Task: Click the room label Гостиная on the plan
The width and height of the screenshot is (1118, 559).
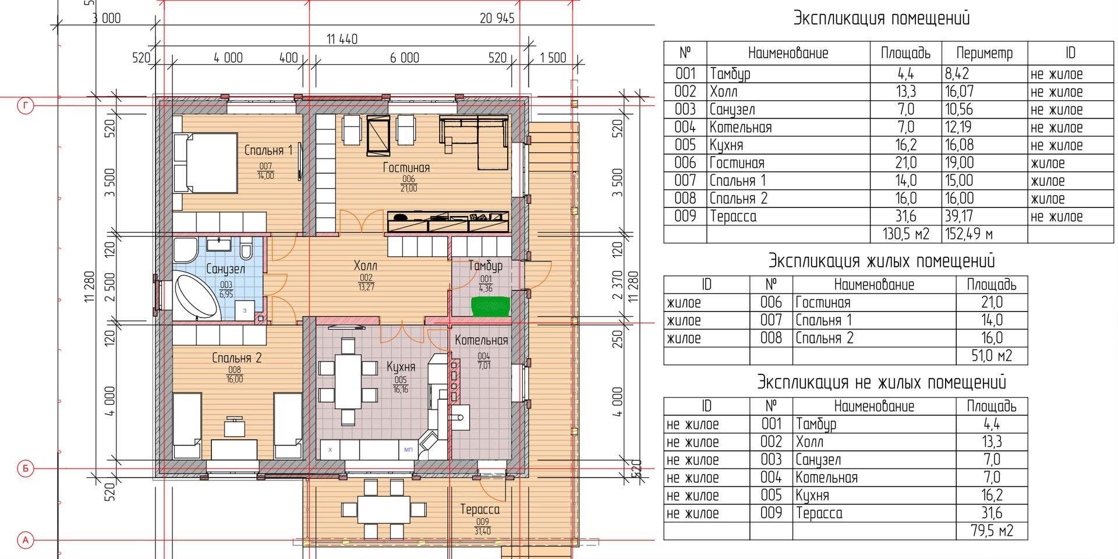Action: click(x=406, y=168)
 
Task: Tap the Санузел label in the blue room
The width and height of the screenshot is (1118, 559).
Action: click(x=225, y=269)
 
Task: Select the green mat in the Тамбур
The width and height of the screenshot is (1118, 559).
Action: click(x=490, y=307)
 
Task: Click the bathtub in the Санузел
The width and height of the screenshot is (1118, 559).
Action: click(x=196, y=295)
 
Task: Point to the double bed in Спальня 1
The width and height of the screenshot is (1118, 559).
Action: click(x=206, y=163)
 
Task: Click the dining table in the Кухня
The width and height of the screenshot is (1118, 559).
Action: click(x=348, y=381)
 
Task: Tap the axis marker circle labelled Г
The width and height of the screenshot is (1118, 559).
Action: click(x=26, y=106)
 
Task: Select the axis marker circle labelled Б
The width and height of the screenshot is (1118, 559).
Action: click(x=26, y=468)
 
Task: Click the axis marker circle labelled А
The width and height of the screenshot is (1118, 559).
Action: click(x=26, y=540)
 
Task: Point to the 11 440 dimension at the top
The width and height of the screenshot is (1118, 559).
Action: click(x=342, y=39)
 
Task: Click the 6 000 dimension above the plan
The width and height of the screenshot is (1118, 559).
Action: click(x=405, y=58)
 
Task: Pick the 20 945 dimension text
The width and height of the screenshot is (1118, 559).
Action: click(x=497, y=19)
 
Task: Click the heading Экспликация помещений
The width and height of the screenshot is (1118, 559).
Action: click(x=882, y=18)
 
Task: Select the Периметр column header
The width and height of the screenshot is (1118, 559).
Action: click(x=984, y=53)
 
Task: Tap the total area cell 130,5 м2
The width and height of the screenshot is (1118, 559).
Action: click(x=905, y=234)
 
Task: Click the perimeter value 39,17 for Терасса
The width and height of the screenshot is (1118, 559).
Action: click(x=959, y=216)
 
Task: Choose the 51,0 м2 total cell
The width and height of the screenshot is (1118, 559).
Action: click(x=992, y=356)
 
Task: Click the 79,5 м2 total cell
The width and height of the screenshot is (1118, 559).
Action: click(x=992, y=531)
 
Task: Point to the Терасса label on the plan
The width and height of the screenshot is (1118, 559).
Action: click(x=480, y=510)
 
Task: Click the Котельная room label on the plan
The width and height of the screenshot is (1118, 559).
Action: click(x=482, y=340)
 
